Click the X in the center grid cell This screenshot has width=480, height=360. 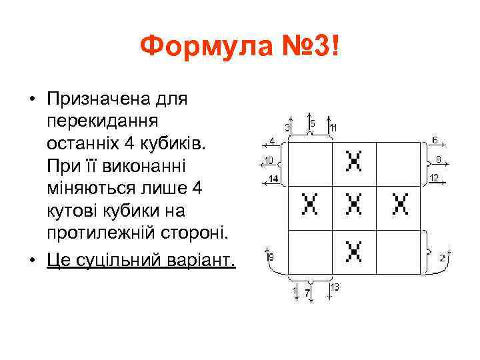(x=354, y=204)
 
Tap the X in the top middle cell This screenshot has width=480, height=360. (x=354, y=161)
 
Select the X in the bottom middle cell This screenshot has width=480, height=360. (x=354, y=251)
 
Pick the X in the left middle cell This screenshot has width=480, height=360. (x=309, y=204)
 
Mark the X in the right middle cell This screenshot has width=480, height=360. (x=400, y=204)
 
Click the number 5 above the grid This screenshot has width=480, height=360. (x=312, y=123)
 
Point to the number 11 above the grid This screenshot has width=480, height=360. (x=333, y=127)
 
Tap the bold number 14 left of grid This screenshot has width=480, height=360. (x=273, y=178)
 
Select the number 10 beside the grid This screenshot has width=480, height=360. (x=269, y=160)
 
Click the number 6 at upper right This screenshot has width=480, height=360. (x=435, y=140)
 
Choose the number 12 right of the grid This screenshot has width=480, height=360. (x=433, y=177)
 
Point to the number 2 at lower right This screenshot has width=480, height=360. (x=442, y=257)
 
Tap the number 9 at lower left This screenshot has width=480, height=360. (x=270, y=257)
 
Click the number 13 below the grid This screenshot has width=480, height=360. (x=335, y=287)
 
